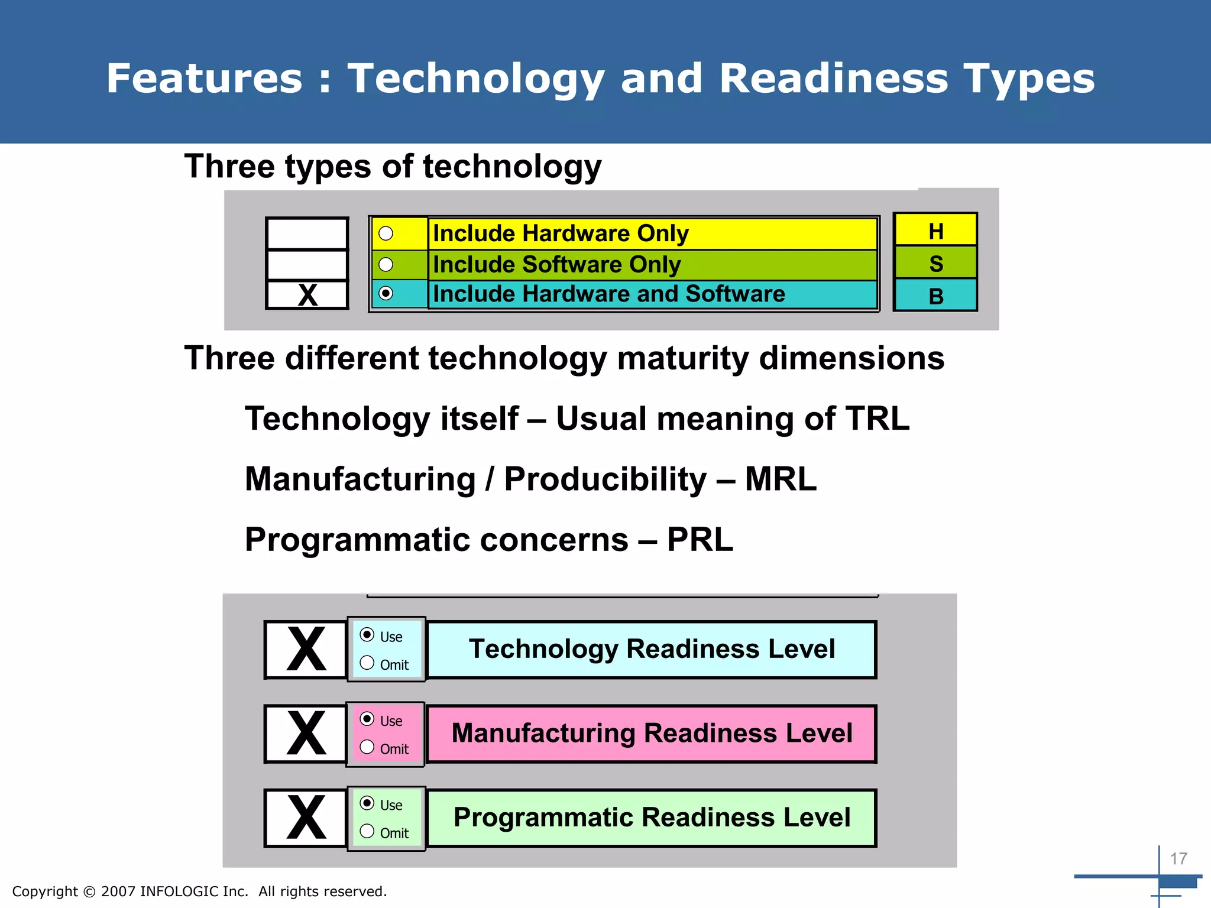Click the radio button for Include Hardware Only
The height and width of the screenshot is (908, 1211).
click(x=386, y=234)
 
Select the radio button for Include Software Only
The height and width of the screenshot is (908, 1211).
click(x=386, y=264)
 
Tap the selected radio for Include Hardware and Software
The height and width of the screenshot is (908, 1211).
click(x=386, y=293)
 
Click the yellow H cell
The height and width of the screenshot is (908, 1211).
click(x=935, y=230)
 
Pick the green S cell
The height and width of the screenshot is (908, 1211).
click(x=935, y=262)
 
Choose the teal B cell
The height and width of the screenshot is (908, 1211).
click(x=935, y=295)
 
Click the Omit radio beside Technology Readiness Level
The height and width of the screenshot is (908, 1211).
click(x=367, y=663)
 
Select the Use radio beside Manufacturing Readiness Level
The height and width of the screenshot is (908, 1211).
click(x=367, y=719)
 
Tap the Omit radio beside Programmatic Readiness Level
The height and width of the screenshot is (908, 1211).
click(x=367, y=831)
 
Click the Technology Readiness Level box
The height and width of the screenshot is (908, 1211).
click(x=651, y=649)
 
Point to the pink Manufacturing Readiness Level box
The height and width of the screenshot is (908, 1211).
click(x=651, y=733)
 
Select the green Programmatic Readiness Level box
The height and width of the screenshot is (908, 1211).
click(x=651, y=818)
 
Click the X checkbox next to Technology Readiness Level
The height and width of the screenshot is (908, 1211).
click(x=306, y=649)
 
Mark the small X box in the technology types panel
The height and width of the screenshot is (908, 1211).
click(x=307, y=294)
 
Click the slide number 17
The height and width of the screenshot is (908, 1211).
click(x=1178, y=858)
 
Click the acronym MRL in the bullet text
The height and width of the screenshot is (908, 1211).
click(x=781, y=479)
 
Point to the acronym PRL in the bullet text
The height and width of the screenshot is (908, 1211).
click(x=700, y=540)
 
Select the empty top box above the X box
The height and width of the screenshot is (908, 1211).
click(x=307, y=234)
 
